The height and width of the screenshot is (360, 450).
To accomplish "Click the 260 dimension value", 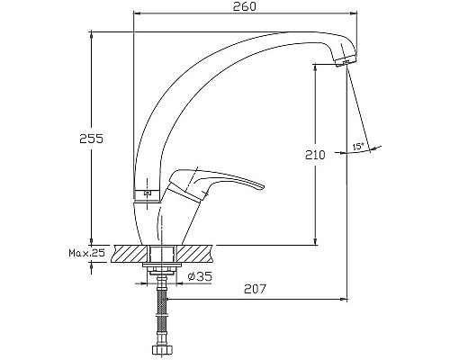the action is [245, 6].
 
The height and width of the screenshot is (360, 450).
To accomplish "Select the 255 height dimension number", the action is [91, 139].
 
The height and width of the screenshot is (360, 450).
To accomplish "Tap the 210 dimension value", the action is [315, 155].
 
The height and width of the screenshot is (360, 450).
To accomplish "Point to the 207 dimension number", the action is [255, 289].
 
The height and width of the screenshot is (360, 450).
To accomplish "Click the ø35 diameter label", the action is [200, 276].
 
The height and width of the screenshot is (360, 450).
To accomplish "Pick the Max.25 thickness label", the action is [87, 253].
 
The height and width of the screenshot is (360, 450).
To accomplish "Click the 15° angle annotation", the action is [358, 147].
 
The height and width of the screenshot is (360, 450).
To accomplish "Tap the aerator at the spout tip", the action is [346, 61].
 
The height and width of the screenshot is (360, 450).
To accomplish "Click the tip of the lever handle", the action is [263, 186].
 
